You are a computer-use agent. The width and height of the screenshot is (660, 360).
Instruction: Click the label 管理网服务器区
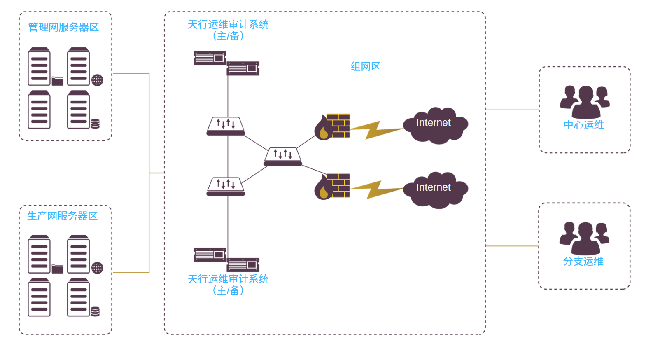click(x=63, y=28)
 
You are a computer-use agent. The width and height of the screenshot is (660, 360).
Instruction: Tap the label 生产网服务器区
click(x=62, y=216)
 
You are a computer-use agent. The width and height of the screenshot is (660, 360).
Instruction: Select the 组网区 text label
click(x=365, y=67)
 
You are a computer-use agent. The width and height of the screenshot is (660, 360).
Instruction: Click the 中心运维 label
click(x=583, y=125)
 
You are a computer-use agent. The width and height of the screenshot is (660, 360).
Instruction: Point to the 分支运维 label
click(x=583, y=262)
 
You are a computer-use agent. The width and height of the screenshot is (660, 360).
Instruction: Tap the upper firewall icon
click(x=333, y=126)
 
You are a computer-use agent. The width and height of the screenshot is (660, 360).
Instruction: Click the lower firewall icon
click(x=333, y=186)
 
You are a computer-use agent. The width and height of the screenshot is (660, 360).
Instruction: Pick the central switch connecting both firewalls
click(x=283, y=157)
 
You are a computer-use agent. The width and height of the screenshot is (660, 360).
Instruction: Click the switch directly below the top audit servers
click(x=226, y=126)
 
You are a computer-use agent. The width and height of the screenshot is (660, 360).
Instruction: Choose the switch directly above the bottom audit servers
click(x=226, y=186)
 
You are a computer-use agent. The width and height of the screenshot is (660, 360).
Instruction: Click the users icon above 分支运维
click(x=584, y=238)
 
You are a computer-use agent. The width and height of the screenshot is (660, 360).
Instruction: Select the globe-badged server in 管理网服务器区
click(x=79, y=67)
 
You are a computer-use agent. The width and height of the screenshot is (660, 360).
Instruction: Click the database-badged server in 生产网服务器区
click(x=79, y=297)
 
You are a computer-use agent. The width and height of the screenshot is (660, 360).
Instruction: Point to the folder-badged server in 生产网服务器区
click(x=40, y=254)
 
